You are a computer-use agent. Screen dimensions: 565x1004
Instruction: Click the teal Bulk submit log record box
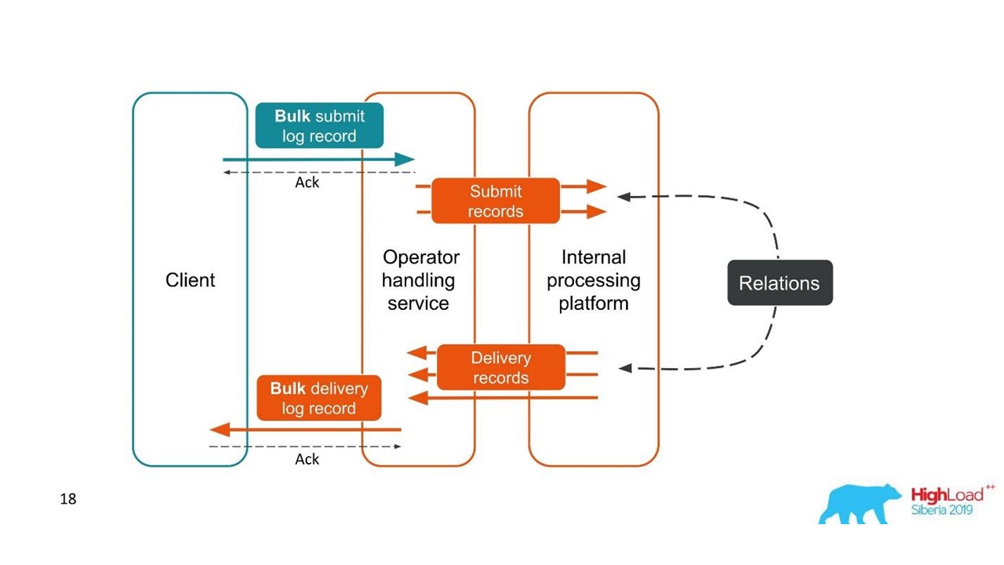click(x=319, y=126)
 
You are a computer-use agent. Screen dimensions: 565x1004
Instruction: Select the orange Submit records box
click(x=496, y=201)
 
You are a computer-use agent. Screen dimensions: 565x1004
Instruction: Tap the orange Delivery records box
click(x=501, y=367)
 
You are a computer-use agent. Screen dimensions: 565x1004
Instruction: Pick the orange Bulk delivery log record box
click(x=319, y=398)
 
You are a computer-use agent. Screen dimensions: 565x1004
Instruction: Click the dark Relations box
click(x=780, y=283)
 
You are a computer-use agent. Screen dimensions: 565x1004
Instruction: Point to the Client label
click(x=190, y=280)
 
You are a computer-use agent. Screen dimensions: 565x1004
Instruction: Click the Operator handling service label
click(x=420, y=280)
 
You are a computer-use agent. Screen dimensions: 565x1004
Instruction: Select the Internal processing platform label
click(x=594, y=280)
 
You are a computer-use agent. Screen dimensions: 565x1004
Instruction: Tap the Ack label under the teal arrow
click(x=307, y=182)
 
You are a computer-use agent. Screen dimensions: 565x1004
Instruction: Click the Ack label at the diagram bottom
click(x=307, y=459)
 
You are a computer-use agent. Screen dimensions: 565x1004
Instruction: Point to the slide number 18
click(x=68, y=498)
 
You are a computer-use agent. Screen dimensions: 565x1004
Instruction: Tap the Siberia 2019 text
click(x=941, y=510)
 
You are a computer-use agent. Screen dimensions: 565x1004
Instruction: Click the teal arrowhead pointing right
click(x=405, y=159)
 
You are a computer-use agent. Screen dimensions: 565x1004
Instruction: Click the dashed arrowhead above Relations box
click(x=624, y=196)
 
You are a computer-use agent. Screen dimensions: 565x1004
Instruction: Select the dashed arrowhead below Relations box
click(x=625, y=367)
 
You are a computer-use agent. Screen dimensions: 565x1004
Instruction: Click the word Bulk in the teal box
click(x=292, y=116)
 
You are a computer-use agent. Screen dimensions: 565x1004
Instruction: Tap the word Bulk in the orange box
click(x=288, y=388)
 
